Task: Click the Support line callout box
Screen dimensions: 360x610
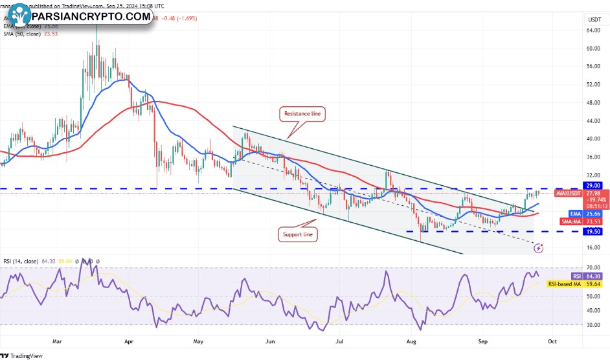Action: (298, 234)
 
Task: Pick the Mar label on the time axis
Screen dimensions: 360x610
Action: (57, 339)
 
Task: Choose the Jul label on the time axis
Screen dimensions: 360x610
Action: (339, 339)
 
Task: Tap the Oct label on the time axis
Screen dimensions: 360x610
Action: (552, 339)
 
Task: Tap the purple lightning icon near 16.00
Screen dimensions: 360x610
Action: (539, 247)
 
